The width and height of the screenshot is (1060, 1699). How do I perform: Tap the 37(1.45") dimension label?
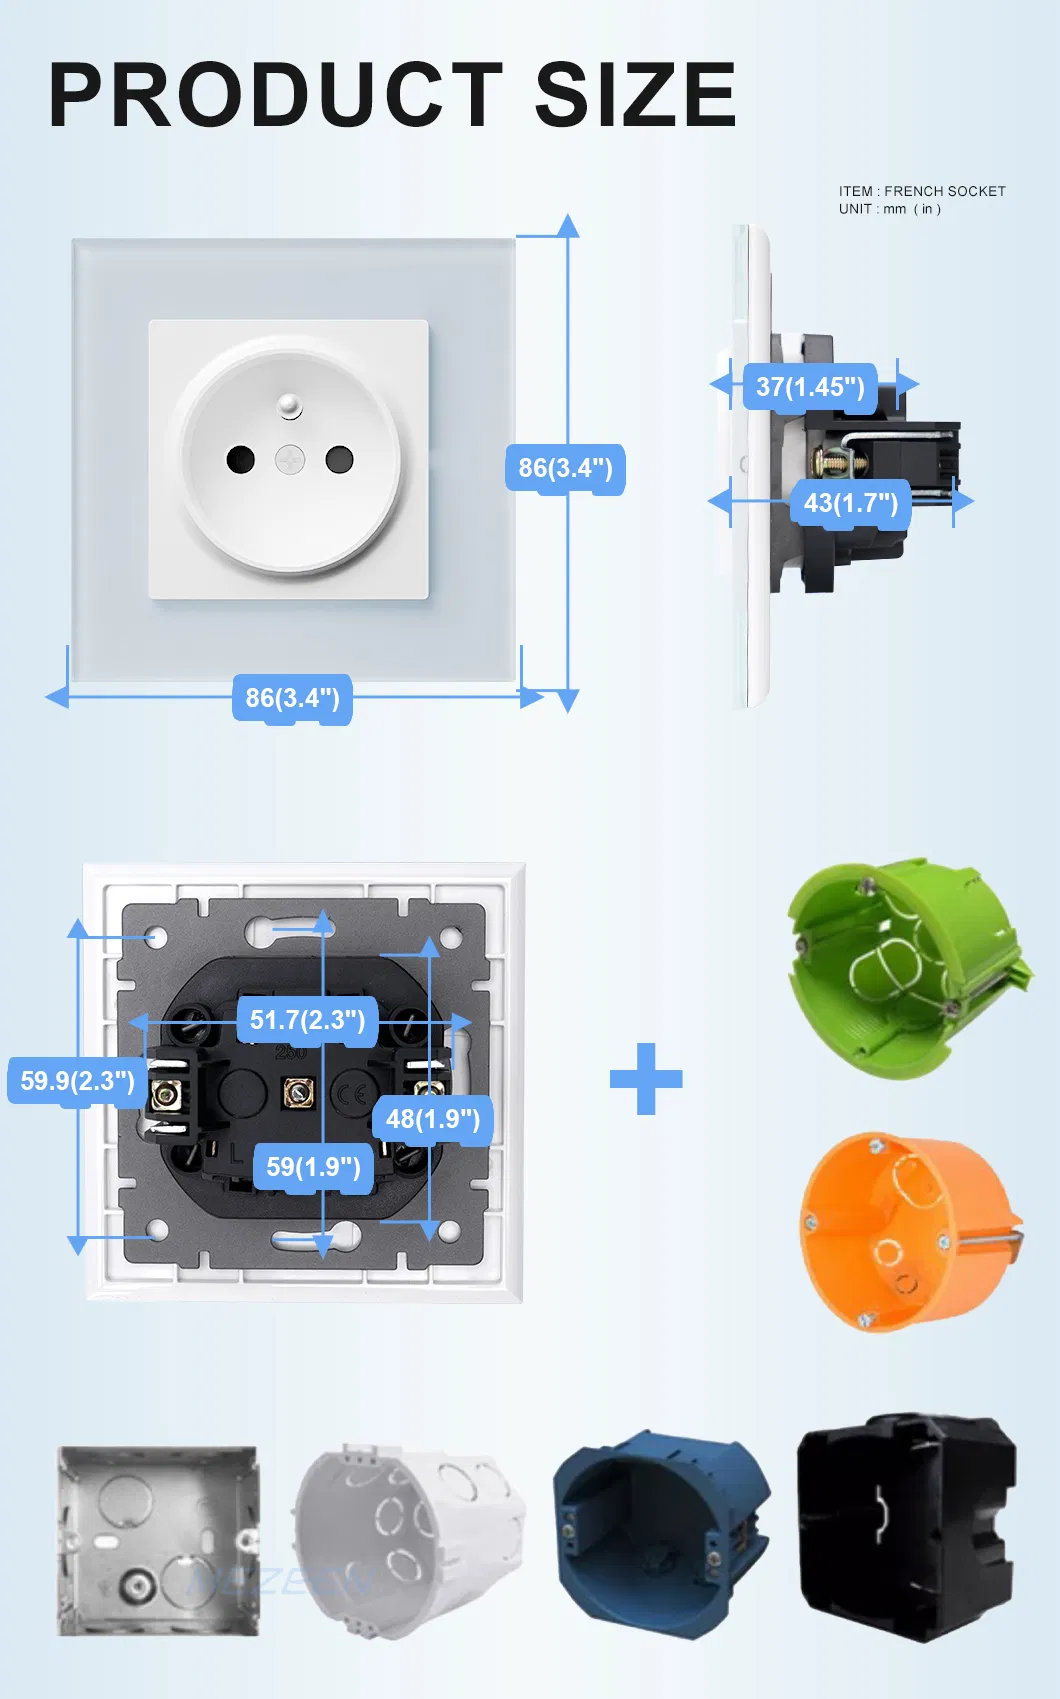coord(810,387)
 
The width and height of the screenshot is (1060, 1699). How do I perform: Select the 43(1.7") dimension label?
coord(851,503)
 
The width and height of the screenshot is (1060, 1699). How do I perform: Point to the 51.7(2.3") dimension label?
coord(307,1020)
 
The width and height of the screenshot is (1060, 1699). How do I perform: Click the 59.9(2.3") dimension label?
coord(77,1081)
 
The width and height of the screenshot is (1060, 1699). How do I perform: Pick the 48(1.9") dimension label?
coord(433,1119)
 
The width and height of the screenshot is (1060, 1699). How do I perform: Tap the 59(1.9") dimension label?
coord(313,1167)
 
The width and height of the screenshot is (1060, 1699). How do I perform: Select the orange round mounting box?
coord(905,1231)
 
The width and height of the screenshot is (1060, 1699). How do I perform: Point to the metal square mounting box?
coord(157,1541)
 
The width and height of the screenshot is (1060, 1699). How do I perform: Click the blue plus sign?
coord(646,1079)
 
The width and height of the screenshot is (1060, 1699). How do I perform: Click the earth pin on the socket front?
coord(290,405)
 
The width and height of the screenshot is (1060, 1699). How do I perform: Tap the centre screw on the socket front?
coord(290,460)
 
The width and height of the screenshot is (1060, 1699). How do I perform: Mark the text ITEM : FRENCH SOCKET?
coord(922,191)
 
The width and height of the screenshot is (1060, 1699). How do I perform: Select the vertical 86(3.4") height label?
coord(565,468)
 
